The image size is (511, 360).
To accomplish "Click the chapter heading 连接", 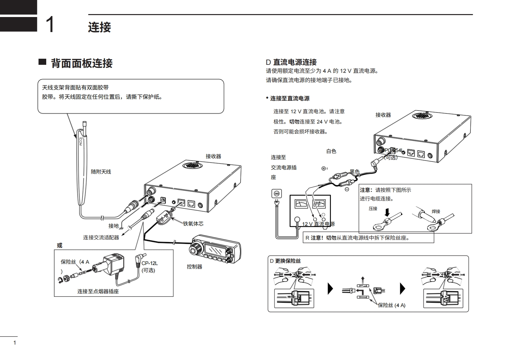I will tap(100, 27).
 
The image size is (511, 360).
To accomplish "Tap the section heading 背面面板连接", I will tap(82, 63).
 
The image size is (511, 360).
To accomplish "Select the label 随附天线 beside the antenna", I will tap(101, 172).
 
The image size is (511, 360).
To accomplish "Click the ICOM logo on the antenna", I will tap(80, 141).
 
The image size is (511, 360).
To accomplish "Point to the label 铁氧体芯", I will tap(193, 224).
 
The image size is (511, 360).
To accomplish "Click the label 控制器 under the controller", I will tap(195, 267).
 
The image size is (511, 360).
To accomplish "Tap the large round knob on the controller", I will tap(195, 249).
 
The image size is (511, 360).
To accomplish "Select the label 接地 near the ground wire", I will tap(113, 226).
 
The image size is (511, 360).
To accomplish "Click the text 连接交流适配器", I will tap(101, 237).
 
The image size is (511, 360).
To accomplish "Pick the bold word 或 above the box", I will tap(59, 245).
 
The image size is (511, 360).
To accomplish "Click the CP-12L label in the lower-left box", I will tap(150, 263).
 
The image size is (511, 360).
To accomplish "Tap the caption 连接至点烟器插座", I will tap(98, 291).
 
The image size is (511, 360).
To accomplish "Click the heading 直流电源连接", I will tap(295, 62).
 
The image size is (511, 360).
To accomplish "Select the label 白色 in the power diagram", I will tap(331, 151).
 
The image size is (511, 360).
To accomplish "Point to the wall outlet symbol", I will tap(276, 193).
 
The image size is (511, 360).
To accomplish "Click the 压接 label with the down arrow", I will tap(373, 209).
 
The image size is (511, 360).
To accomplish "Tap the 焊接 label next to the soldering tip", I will tap(436, 211).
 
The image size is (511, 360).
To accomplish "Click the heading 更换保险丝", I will tap(288, 261).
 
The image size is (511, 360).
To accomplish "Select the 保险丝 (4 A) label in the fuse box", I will tap(391, 305).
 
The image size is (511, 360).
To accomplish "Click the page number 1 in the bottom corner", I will tap(14, 343).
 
